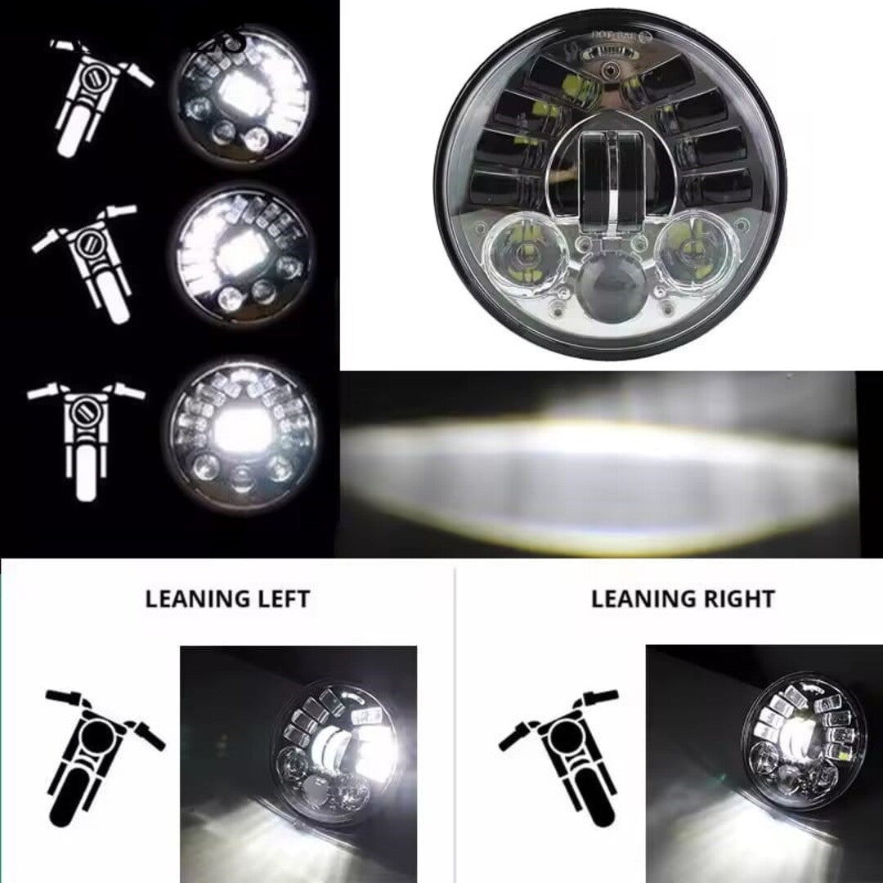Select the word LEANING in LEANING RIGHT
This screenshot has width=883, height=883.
[x=638, y=598]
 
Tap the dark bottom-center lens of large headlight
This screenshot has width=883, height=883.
[x=610, y=291]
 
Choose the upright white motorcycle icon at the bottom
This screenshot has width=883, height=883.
[x=87, y=437]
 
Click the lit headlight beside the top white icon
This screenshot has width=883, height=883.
[x=243, y=96]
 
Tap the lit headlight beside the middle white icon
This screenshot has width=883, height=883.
[x=243, y=253]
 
